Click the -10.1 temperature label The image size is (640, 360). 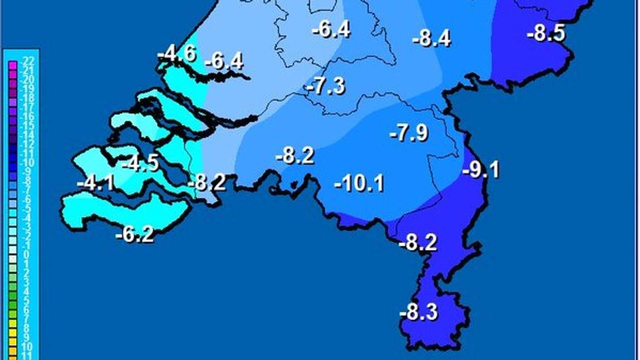pos(359,183)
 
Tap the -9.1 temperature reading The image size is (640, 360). pos(481,170)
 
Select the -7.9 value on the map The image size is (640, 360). pos(408,133)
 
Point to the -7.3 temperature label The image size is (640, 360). pos(326,86)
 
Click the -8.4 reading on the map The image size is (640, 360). pos(431,38)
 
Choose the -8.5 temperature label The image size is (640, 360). pos(545,34)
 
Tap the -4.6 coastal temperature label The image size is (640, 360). pos(176,53)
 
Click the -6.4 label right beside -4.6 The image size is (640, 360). pos(224,61)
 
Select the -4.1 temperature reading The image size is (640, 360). pos(95,184)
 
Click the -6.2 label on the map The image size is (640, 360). pos(134,234)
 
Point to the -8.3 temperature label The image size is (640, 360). pos(418,313)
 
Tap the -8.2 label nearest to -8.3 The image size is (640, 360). pos(418,243)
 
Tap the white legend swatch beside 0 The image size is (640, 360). pos(12,255)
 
